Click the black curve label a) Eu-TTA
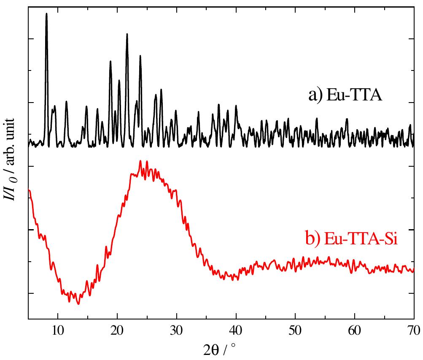tap(345, 95)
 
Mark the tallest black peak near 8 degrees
tap(46, 14)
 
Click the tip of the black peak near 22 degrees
tap(127, 34)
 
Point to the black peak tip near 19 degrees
tap(110, 61)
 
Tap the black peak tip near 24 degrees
tap(140, 56)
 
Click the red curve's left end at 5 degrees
tap(29, 190)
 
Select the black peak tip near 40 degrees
tap(236, 106)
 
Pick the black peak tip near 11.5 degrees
tap(66, 101)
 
